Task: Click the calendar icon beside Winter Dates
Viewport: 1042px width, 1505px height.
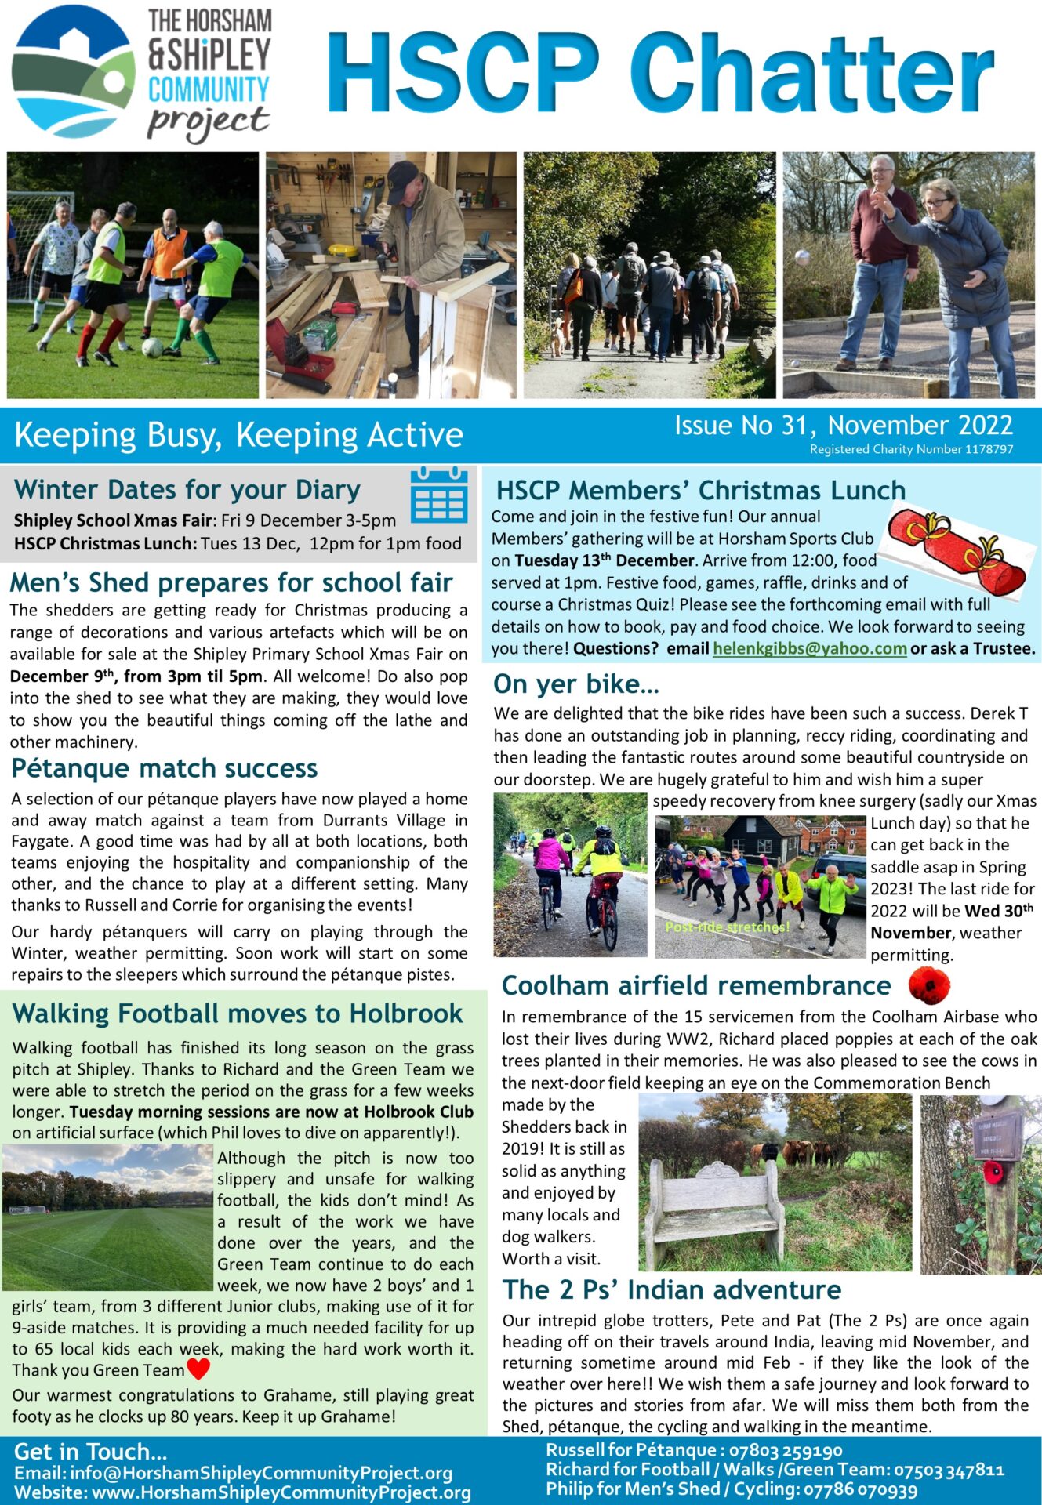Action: point(439,495)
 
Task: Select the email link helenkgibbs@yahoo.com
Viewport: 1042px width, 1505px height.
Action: point(809,649)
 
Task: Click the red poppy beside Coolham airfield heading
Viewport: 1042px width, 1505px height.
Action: point(929,985)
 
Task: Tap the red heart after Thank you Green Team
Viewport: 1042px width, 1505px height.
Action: point(198,1369)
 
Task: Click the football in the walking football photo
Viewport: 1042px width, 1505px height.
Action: point(152,346)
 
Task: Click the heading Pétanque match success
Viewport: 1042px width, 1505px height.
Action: point(165,768)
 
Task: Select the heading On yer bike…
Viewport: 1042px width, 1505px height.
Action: point(576,684)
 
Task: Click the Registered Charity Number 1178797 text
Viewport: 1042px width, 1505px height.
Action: point(911,449)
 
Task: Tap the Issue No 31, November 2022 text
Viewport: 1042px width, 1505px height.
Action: point(844,425)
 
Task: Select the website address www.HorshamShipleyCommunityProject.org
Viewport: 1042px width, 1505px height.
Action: point(281,1492)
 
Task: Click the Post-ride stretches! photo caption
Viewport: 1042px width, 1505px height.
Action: point(727,927)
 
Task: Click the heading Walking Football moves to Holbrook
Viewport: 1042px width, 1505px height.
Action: point(238,1014)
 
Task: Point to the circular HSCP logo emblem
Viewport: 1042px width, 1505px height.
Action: point(73,72)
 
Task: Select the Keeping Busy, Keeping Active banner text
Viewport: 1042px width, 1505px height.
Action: point(238,435)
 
